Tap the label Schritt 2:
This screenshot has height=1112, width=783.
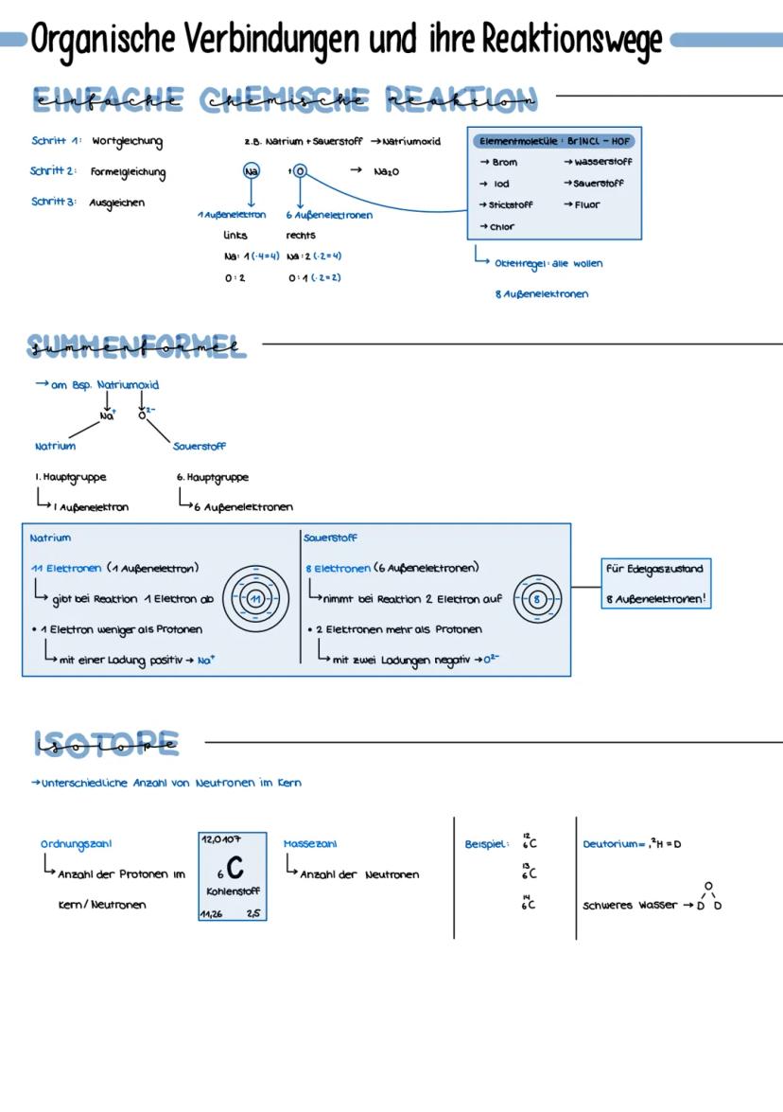(x=53, y=171)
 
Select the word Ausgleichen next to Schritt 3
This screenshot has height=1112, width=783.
(x=117, y=203)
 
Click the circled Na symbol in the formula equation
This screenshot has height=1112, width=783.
(x=251, y=171)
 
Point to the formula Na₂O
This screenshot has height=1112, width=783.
(x=386, y=172)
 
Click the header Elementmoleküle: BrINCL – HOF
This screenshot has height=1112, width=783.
(x=554, y=141)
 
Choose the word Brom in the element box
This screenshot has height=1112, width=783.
(x=504, y=163)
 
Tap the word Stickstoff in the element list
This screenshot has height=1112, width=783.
(x=511, y=204)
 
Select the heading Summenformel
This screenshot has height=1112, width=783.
(x=136, y=346)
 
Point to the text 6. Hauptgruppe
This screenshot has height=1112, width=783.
(x=213, y=478)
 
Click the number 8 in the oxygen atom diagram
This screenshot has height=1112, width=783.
(x=537, y=599)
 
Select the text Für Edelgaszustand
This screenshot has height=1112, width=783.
(x=654, y=569)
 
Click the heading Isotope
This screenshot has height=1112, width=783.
(x=105, y=743)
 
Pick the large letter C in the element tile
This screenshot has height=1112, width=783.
(x=235, y=867)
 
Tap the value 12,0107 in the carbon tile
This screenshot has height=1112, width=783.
(x=221, y=839)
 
